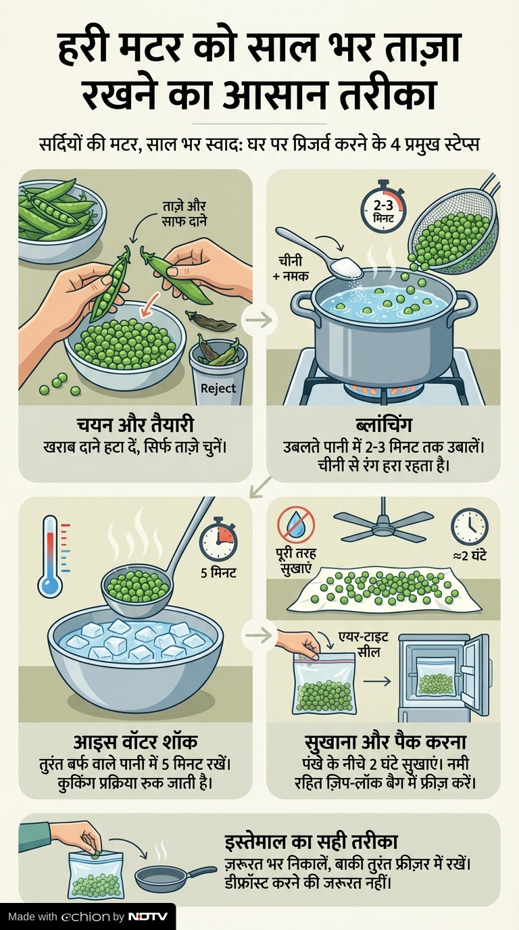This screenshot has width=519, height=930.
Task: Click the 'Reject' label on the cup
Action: (218, 388)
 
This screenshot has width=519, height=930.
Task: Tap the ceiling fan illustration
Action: (381, 524)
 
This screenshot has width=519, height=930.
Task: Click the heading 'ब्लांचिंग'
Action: (383, 426)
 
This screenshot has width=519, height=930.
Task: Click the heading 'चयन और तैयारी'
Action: (135, 426)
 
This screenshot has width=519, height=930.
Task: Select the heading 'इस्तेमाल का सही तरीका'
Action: (311, 842)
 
